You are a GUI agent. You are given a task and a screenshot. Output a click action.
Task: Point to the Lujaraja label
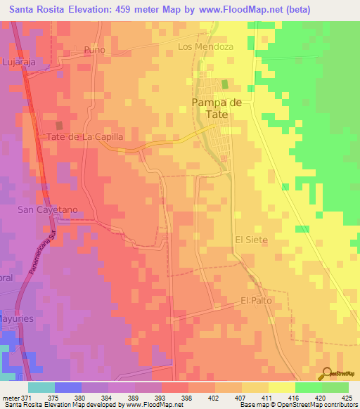point(18,63)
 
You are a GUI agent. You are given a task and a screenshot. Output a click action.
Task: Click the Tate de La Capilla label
point(85,137)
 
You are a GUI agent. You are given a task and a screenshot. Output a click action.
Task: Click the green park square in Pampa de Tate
point(225,84)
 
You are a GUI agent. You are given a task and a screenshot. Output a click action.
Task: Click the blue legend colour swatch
point(67,387)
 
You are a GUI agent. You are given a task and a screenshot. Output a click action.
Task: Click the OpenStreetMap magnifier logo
point(327,374)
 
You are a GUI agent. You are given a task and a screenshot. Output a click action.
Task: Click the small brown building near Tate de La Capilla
point(58,117)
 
